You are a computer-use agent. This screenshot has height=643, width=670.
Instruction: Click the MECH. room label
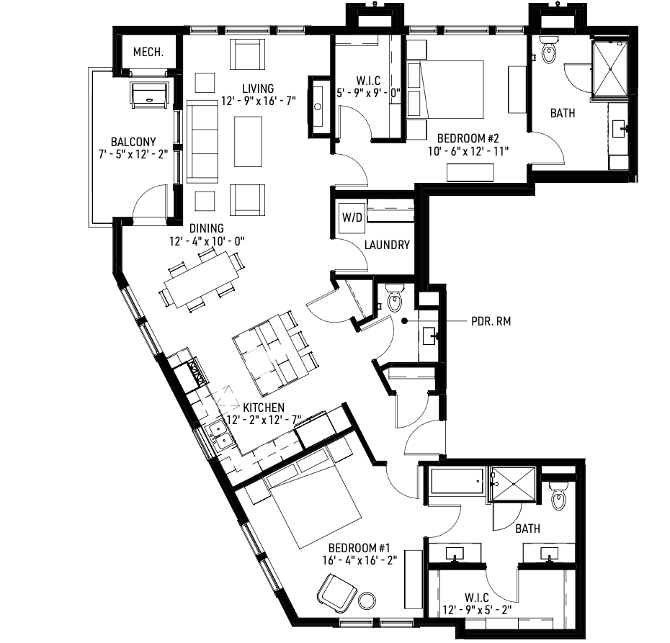[x=148, y=53]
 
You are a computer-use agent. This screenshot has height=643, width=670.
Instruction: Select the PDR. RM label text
[x=491, y=322]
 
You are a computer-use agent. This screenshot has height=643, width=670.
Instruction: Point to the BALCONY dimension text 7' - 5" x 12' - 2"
[x=133, y=154]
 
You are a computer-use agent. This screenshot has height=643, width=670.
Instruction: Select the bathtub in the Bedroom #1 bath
[x=457, y=482]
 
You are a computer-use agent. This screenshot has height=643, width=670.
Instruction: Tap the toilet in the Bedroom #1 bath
[x=558, y=497]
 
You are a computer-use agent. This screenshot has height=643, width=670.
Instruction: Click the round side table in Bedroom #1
[x=368, y=599]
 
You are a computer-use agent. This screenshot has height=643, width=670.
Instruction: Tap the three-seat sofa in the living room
[x=202, y=142]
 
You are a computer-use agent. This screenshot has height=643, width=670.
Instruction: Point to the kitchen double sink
[x=219, y=435]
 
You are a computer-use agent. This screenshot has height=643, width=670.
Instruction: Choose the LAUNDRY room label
[x=386, y=245]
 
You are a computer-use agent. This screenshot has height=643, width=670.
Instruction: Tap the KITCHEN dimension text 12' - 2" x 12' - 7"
[x=263, y=420]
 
